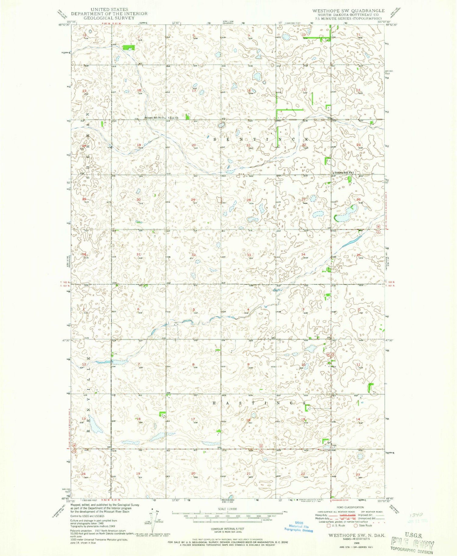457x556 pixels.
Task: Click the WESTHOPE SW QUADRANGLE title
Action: pyautogui.click(x=348, y=11)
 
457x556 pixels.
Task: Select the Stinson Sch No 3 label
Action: pyautogui.click(x=154, y=118)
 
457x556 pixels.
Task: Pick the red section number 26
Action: pyautogui.click(x=358, y=200)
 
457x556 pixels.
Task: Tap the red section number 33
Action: pyautogui.click(x=249, y=255)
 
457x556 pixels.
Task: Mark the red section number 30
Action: pyautogui.click(x=139, y=200)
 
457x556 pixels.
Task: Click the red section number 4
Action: pyautogui.click(x=249, y=310)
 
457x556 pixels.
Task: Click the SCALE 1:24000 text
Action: pyautogui.click(x=226, y=509)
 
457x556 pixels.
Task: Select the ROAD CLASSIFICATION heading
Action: pyautogui.click(x=350, y=507)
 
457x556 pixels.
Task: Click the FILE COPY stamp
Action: pyautogui.click(x=413, y=545)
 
